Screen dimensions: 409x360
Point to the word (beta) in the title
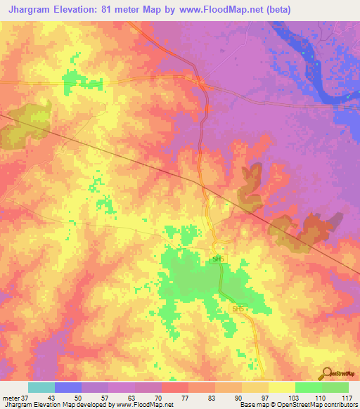275,10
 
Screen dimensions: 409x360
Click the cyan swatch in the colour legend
41,387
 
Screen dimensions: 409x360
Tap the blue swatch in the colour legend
68,387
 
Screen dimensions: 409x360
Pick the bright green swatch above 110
308,387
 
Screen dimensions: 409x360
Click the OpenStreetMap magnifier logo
326,373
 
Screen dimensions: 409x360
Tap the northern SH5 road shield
218,259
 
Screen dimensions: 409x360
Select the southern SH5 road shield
238,309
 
